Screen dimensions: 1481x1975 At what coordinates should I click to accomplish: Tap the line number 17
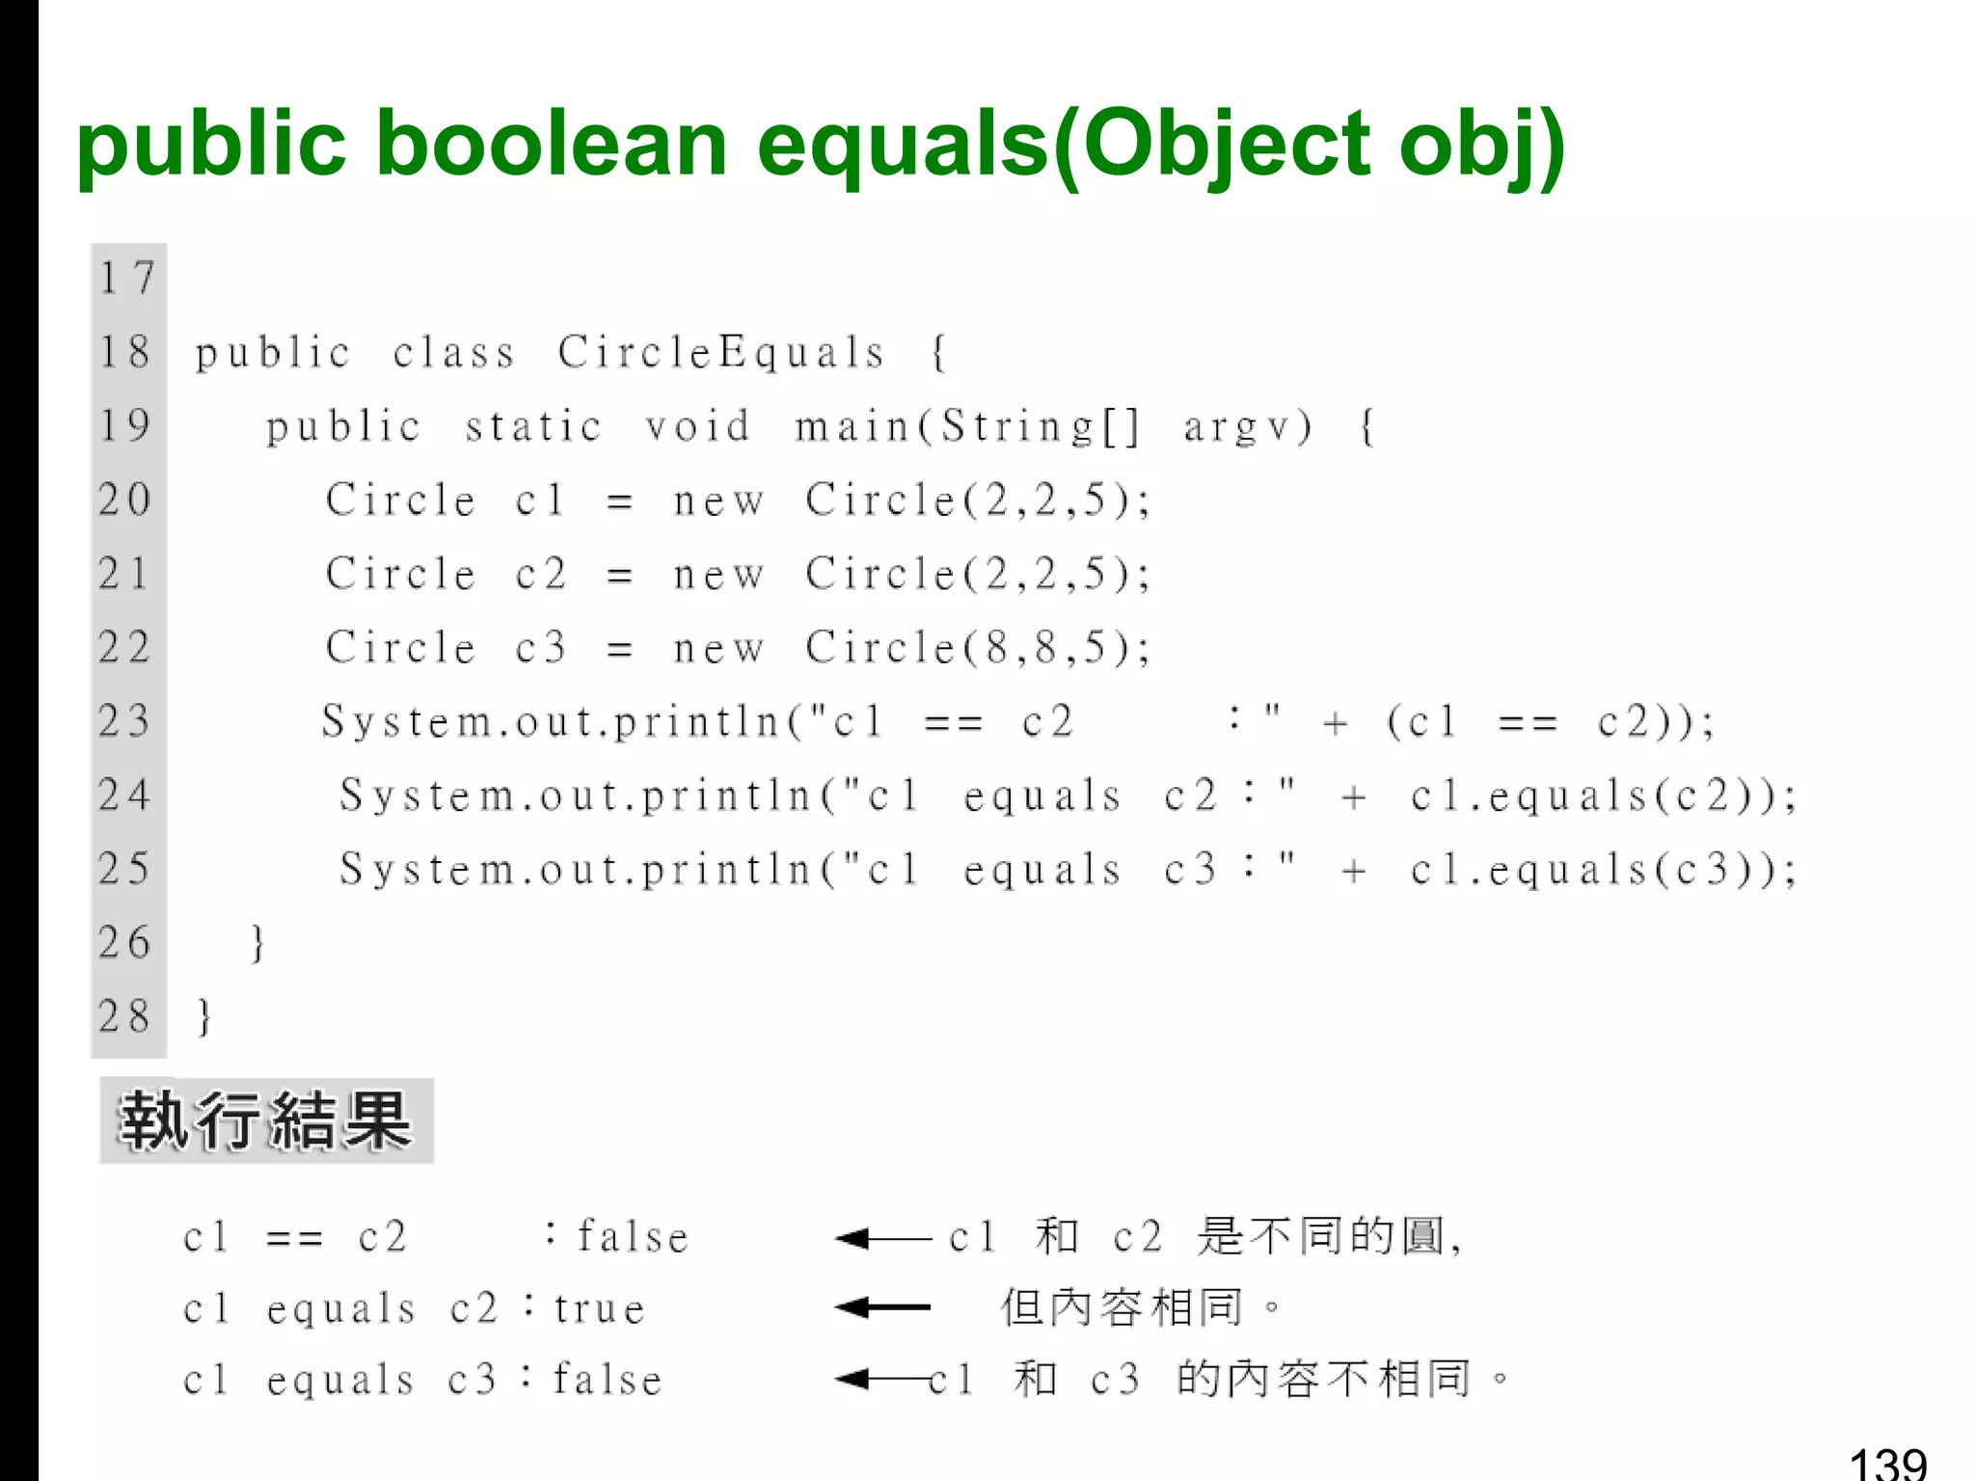[126, 279]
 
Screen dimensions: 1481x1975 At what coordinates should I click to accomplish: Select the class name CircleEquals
[720, 353]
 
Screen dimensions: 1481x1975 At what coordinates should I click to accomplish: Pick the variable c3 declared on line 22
[540, 648]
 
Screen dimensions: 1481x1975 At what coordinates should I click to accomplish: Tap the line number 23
[125, 721]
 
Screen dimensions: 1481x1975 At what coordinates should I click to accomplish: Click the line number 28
[125, 1017]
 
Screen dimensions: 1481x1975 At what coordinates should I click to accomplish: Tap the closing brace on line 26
[257, 943]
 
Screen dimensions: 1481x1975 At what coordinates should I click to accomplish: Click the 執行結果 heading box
[266, 1121]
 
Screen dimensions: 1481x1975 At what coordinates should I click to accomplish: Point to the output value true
[599, 1309]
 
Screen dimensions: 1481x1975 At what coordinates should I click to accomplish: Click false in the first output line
[633, 1237]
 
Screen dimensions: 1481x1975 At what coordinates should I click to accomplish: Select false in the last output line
[608, 1381]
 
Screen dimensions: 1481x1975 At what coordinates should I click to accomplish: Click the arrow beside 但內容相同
[882, 1308]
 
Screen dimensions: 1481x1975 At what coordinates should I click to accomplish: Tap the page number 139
[1887, 1464]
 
